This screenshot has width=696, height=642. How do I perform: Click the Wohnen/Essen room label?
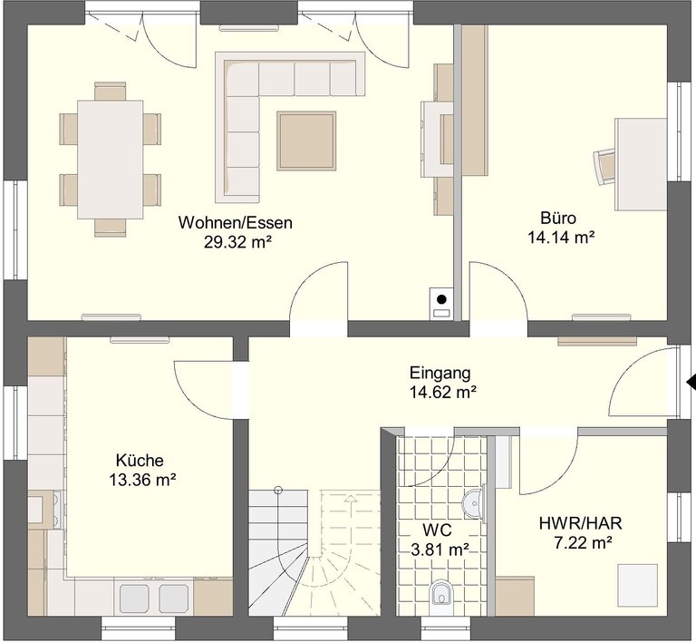point(236,222)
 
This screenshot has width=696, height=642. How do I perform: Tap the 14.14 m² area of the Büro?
point(561,238)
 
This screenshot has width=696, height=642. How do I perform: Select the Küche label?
point(140,461)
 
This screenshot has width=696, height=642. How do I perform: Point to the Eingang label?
point(440,373)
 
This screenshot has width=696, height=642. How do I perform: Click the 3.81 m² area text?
point(440,550)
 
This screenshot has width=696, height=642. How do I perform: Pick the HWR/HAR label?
point(581,523)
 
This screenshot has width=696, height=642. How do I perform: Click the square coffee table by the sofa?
point(306,141)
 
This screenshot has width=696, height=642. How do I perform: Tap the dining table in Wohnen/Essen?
point(110,160)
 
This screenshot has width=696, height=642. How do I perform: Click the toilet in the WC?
point(441,593)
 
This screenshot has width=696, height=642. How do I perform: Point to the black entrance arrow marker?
point(691,382)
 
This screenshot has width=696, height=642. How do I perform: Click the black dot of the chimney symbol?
point(441,299)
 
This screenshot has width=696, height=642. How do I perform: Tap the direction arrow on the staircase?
point(351,499)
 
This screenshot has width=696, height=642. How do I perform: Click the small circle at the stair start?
point(278,491)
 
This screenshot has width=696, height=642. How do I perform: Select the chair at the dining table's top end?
point(110,91)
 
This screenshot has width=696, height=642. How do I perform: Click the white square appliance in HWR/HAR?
point(638,585)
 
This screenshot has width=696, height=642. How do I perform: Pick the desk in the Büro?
point(641,164)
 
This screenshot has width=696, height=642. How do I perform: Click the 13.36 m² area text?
point(142,480)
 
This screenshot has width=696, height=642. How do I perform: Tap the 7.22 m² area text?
point(584,542)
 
